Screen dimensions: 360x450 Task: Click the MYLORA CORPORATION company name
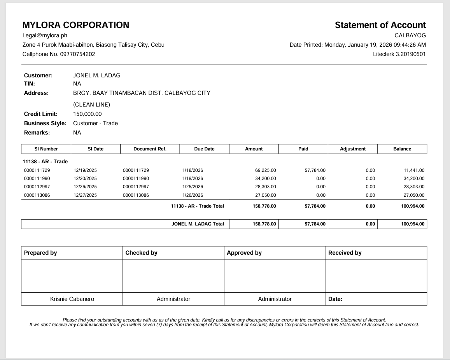[x=76, y=25]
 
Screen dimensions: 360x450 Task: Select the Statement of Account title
[x=380, y=25]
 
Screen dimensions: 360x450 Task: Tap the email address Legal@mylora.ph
[x=45, y=35]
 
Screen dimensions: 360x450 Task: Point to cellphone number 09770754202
[x=77, y=54]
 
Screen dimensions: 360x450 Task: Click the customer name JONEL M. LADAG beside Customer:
[x=97, y=75]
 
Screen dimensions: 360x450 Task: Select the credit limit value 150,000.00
[x=88, y=114]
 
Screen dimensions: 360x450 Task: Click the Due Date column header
[x=204, y=149]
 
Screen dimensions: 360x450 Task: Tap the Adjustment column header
[x=353, y=149]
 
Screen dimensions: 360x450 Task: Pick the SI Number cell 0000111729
[x=37, y=170]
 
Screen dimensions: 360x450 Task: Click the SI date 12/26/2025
[x=85, y=187]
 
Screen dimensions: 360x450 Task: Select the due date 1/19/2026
[x=193, y=178]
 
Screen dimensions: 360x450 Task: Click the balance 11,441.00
[x=414, y=170]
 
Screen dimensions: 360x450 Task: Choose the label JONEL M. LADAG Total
[x=198, y=224]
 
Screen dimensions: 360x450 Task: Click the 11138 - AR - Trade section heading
[x=45, y=161]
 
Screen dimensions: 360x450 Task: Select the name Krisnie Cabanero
[x=72, y=299]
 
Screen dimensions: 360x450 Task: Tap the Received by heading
[x=345, y=253]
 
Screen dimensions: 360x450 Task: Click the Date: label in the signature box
[x=335, y=299]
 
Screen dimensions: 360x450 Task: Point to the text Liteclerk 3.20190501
[x=399, y=54]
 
